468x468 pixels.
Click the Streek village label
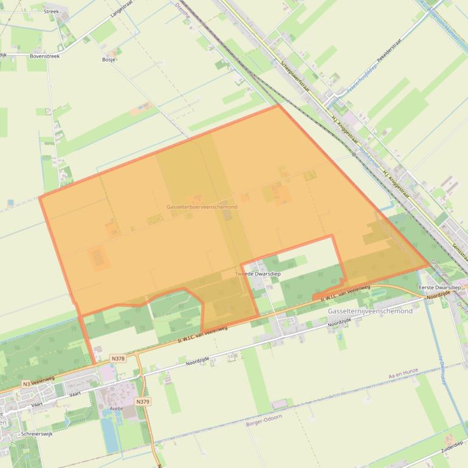tap(51, 11)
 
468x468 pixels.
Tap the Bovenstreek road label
tap(45, 55)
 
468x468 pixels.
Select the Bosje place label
tap(109, 60)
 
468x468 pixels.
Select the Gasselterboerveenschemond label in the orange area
tap(202, 207)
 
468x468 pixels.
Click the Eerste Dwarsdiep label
tap(440, 287)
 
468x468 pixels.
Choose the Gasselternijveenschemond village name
tap(370, 311)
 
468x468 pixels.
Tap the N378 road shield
tap(118, 359)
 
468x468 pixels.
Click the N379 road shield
tap(143, 402)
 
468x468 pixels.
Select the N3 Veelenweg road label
tap(38, 381)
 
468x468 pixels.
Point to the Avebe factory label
tap(115, 408)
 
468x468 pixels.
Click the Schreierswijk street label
tap(36, 434)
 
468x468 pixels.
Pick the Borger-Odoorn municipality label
tap(264, 424)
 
